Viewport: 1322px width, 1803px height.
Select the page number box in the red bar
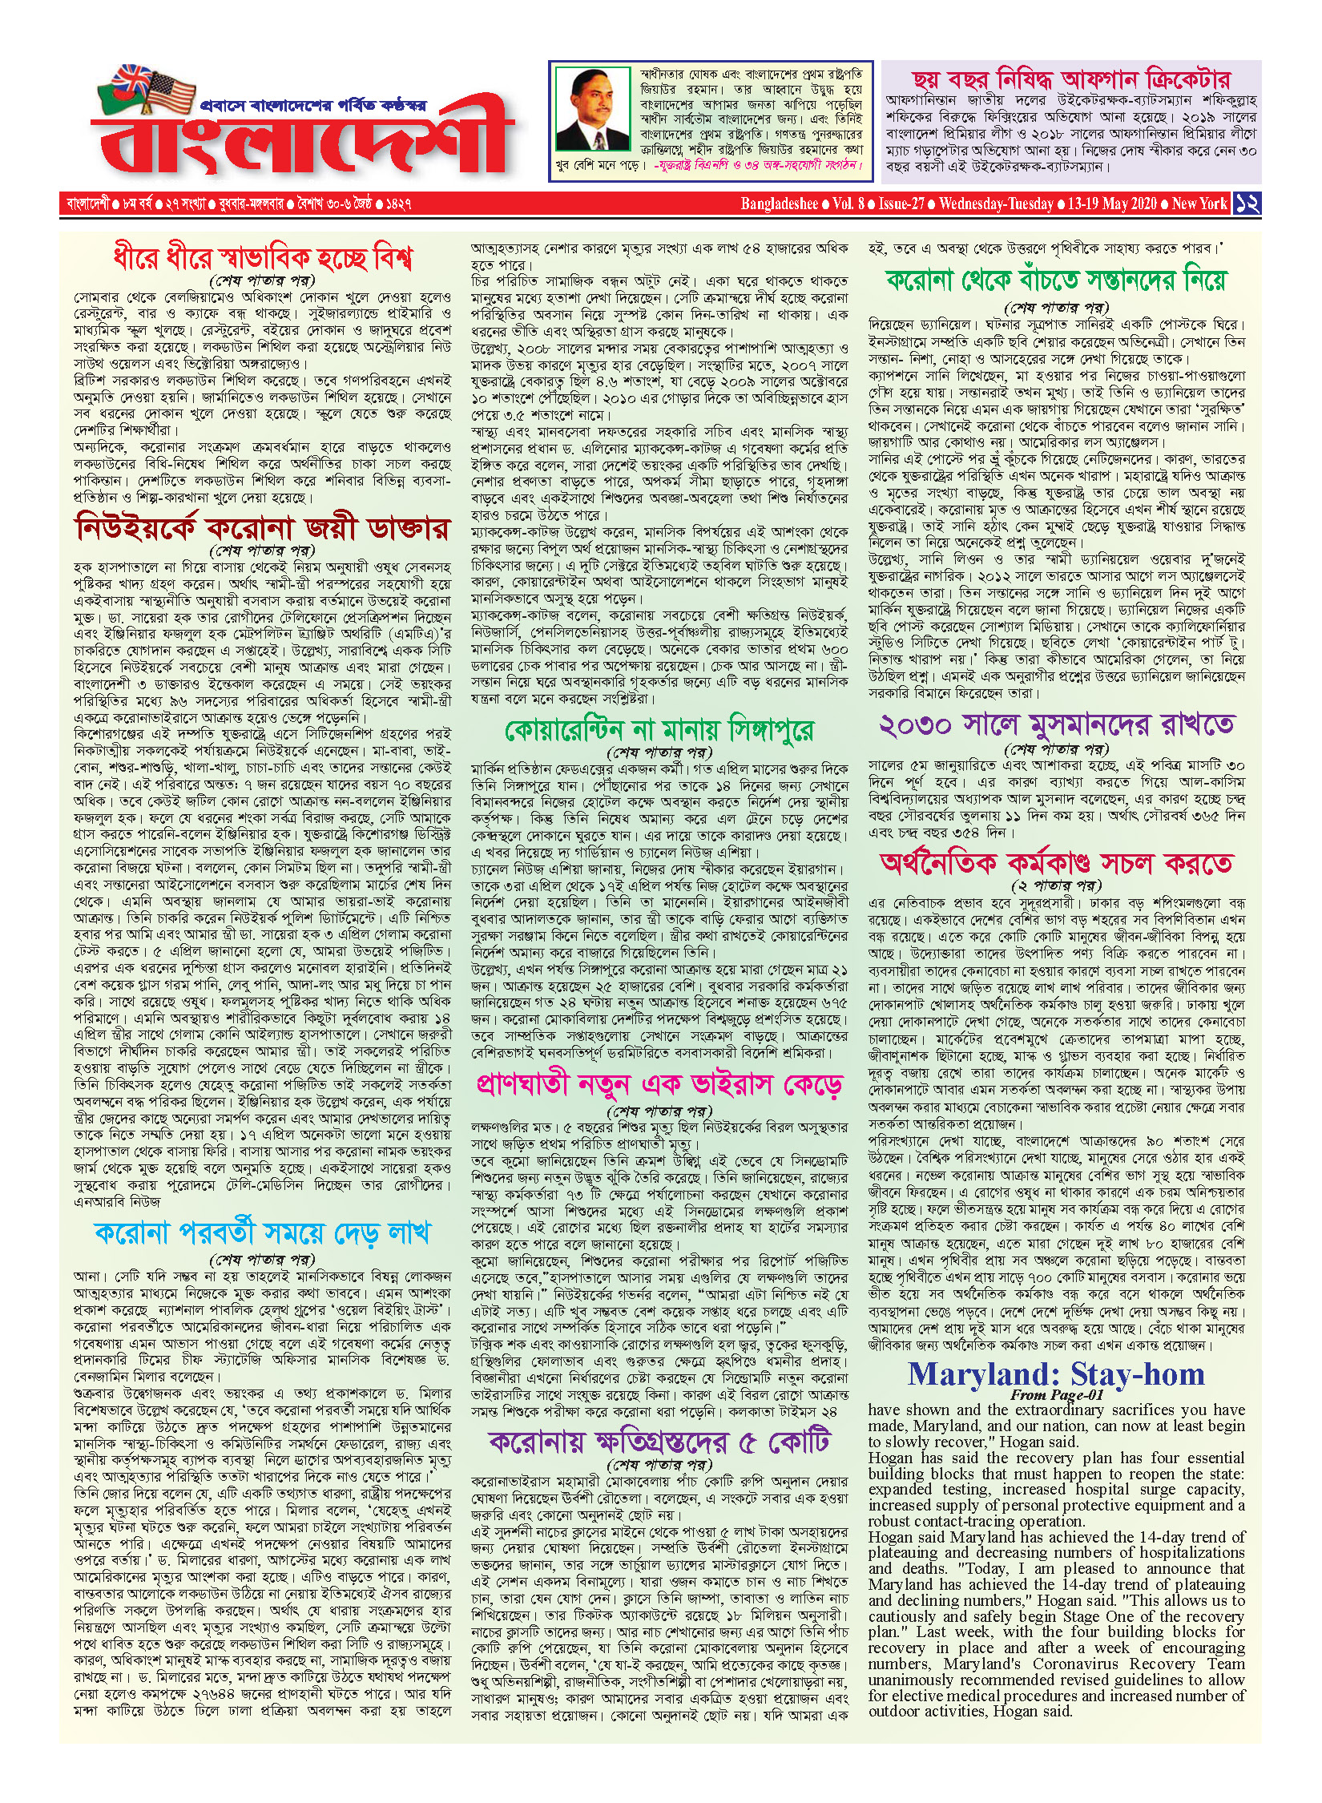pyautogui.click(x=1247, y=203)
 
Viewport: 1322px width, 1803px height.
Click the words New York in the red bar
pyautogui.click(x=1199, y=204)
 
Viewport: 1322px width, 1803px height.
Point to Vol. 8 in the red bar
pyautogui.click(x=848, y=204)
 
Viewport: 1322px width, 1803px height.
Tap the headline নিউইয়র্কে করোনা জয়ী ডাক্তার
pyautogui.click(x=263, y=528)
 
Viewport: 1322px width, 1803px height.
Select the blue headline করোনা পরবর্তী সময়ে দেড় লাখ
pyautogui.click(x=263, y=1233)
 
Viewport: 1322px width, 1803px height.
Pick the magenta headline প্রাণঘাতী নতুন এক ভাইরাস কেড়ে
pyautogui.click(x=659, y=1086)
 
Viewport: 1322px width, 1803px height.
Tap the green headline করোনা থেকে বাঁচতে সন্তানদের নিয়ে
pyautogui.click(x=1056, y=280)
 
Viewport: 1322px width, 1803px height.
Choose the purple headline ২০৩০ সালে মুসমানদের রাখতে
pyautogui.click(x=1056, y=724)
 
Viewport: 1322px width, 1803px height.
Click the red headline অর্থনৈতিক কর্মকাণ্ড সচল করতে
pyautogui.click(x=1056, y=863)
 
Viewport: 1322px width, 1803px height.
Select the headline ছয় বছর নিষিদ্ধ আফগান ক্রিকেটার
pyautogui.click(x=1070, y=79)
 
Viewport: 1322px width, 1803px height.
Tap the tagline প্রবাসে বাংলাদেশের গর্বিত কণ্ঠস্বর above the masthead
pyautogui.click(x=313, y=105)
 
